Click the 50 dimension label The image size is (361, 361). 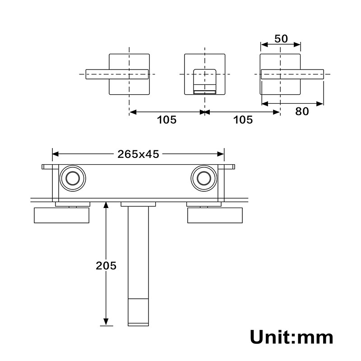(x=281, y=38)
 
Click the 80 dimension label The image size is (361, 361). (x=302, y=111)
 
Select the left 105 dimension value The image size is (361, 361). (x=167, y=120)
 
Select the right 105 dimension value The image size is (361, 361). (x=243, y=120)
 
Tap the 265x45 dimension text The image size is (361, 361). (x=138, y=154)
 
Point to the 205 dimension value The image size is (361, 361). (x=106, y=265)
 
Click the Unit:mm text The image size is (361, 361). (x=292, y=337)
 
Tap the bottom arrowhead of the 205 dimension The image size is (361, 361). (x=106, y=322)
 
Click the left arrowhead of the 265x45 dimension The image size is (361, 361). (x=56, y=154)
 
